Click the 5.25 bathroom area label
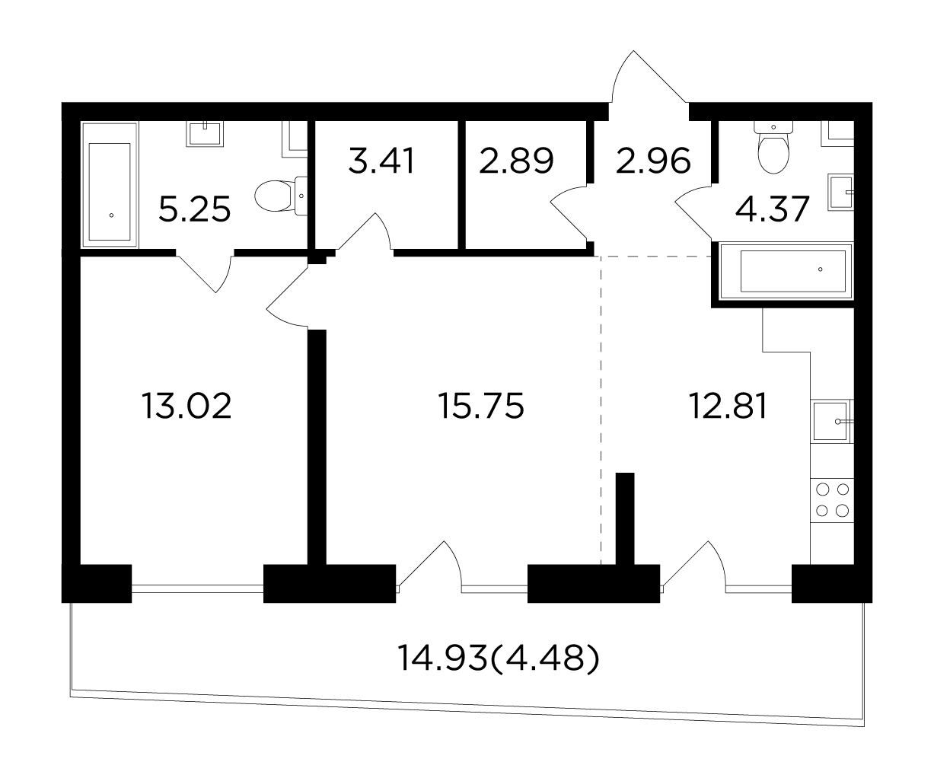(x=195, y=209)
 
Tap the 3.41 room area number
(x=381, y=161)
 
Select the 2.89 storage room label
(x=516, y=161)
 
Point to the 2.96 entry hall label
(x=653, y=161)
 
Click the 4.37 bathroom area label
(x=772, y=209)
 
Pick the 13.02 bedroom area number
(x=186, y=406)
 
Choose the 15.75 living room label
(x=481, y=406)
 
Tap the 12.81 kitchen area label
(x=728, y=406)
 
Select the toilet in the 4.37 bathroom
(x=773, y=147)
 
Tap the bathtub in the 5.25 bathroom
(x=110, y=184)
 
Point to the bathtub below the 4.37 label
(x=786, y=271)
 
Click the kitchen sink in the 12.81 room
(x=831, y=421)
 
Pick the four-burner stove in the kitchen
(x=832, y=500)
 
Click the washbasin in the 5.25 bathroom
(x=205, y=133)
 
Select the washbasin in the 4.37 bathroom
(x=840, y=192)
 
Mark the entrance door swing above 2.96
(x=649, y=78)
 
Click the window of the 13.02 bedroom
(x=197, y=588)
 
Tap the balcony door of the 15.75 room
(x=430, y=565)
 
